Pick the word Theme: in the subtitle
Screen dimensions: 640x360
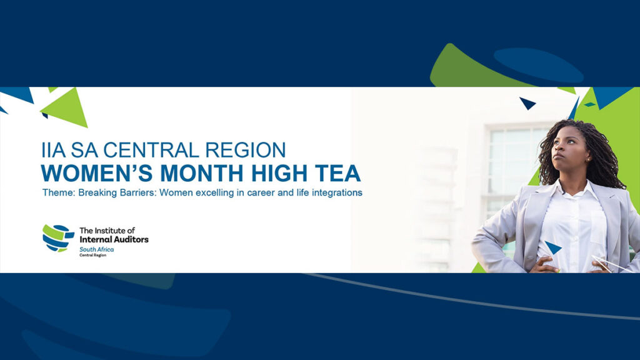click(x=59, y=192)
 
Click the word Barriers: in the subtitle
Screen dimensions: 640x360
click(x=138, y=192)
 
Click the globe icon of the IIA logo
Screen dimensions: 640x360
click(x=58, y=238)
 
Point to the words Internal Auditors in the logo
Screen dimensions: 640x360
click(x=114, y=239)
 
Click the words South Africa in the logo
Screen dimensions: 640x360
click(x=96, y=249)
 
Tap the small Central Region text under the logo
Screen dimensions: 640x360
click(x=92, y=255)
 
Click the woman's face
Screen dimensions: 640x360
click(x=569, y=149)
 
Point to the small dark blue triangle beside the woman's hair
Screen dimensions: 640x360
click(x=527, y=103)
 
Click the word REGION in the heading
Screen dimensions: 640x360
click(x=245, y=150)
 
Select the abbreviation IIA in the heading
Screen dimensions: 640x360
click(x=53, y=150)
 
